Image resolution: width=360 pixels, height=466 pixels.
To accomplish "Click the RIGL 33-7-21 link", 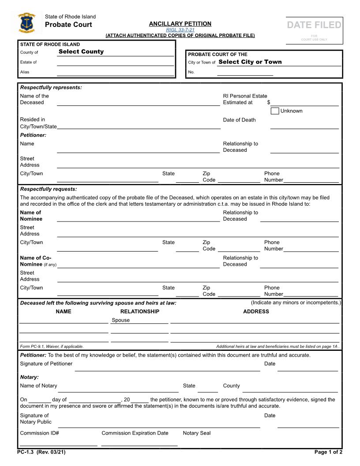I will (180, 30).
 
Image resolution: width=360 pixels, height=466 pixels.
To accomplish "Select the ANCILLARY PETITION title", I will (180, 24).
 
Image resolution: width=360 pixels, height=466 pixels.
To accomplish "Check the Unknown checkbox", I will (274, 111).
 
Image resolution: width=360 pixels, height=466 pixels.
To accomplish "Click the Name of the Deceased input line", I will (138, 103).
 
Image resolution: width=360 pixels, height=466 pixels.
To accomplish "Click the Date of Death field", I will (304, 125).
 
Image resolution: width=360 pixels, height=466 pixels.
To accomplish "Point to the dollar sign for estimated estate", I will (269, 102).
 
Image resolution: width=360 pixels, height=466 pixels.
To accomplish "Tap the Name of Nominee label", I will (31, 216).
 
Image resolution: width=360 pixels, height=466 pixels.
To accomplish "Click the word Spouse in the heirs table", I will (120, 320).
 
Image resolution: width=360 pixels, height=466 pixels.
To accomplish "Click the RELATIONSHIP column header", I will (139, 312).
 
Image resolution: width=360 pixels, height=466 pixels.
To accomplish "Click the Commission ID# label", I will (40, 433).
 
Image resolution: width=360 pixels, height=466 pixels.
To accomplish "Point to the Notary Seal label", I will (197, 433).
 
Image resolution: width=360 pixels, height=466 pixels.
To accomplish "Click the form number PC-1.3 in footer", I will (41, 452).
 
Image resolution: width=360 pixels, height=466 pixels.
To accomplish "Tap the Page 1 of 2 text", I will (328, 452).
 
